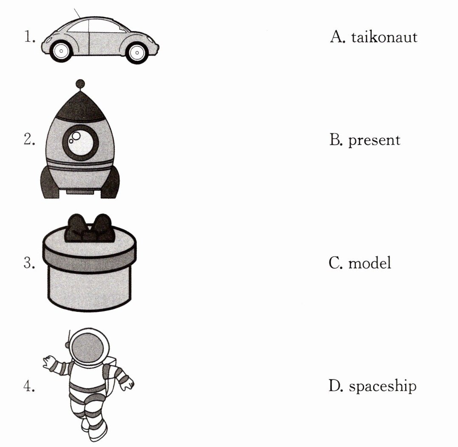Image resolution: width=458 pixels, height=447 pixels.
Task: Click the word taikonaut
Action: pos(384,37)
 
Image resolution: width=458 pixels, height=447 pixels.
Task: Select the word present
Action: pos(374,140)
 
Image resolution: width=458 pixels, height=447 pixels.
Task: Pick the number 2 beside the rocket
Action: pos(29,140)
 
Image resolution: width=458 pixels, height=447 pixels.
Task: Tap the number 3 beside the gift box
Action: pos(29,263)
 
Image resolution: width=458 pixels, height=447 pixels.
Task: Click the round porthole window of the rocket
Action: pos(80,142)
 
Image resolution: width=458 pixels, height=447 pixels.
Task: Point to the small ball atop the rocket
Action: pos(79,84)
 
